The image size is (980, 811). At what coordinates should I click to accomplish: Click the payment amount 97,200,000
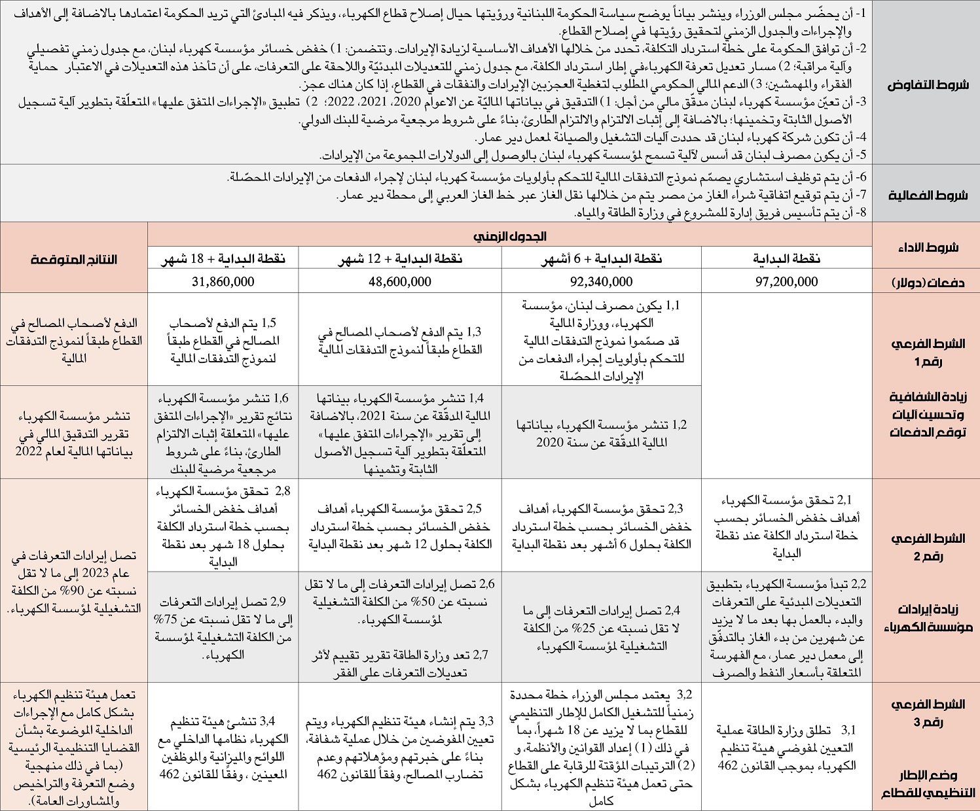(x=786, y=282)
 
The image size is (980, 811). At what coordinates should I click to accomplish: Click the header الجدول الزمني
(x=510, y=235)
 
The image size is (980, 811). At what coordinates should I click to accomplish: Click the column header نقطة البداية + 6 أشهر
(x=600, y=259)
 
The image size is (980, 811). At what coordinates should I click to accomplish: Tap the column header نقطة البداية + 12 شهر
(x=399, y=259)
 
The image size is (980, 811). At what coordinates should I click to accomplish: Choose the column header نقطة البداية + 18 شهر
(x=223, y=259)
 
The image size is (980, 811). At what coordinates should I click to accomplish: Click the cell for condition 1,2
(x=600, y=434)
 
